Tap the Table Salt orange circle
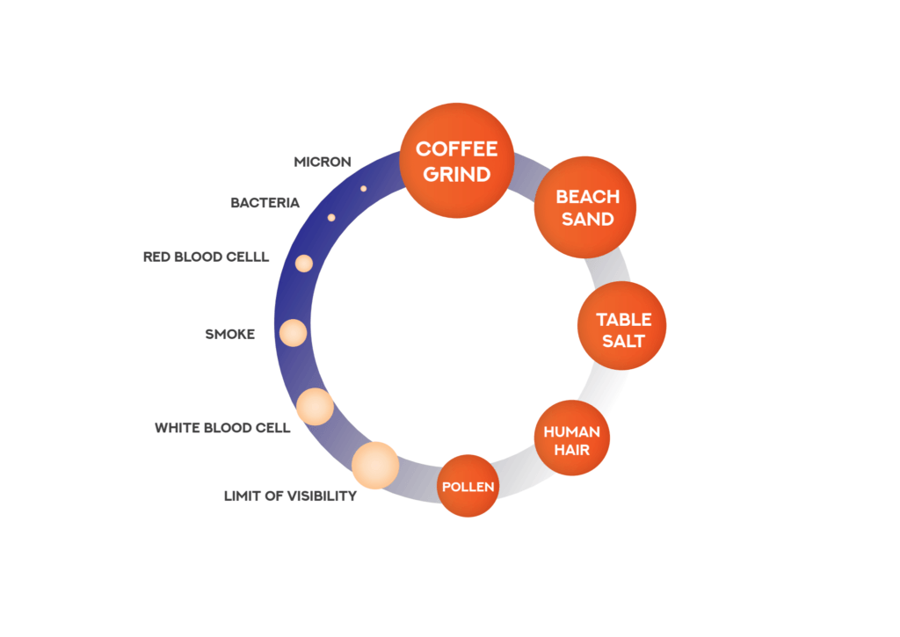[621, 326]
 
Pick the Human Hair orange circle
[571, 438]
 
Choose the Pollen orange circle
[468, 486]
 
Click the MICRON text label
[323, 162]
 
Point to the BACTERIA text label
[265, 203]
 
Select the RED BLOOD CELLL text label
[206, 257]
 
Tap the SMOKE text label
[229, 334]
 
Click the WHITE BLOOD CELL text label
[222, 428]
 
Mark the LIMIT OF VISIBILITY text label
[290, 496]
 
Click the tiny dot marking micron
[363, 188]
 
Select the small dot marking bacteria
[331, 217]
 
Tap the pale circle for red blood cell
[304, 263]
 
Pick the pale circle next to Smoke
[293, 333]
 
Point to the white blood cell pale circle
[315, 406]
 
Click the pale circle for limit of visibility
[375, 466]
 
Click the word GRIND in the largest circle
[456, 173]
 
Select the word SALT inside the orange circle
[622, 340]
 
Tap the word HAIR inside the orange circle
[571, 449]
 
